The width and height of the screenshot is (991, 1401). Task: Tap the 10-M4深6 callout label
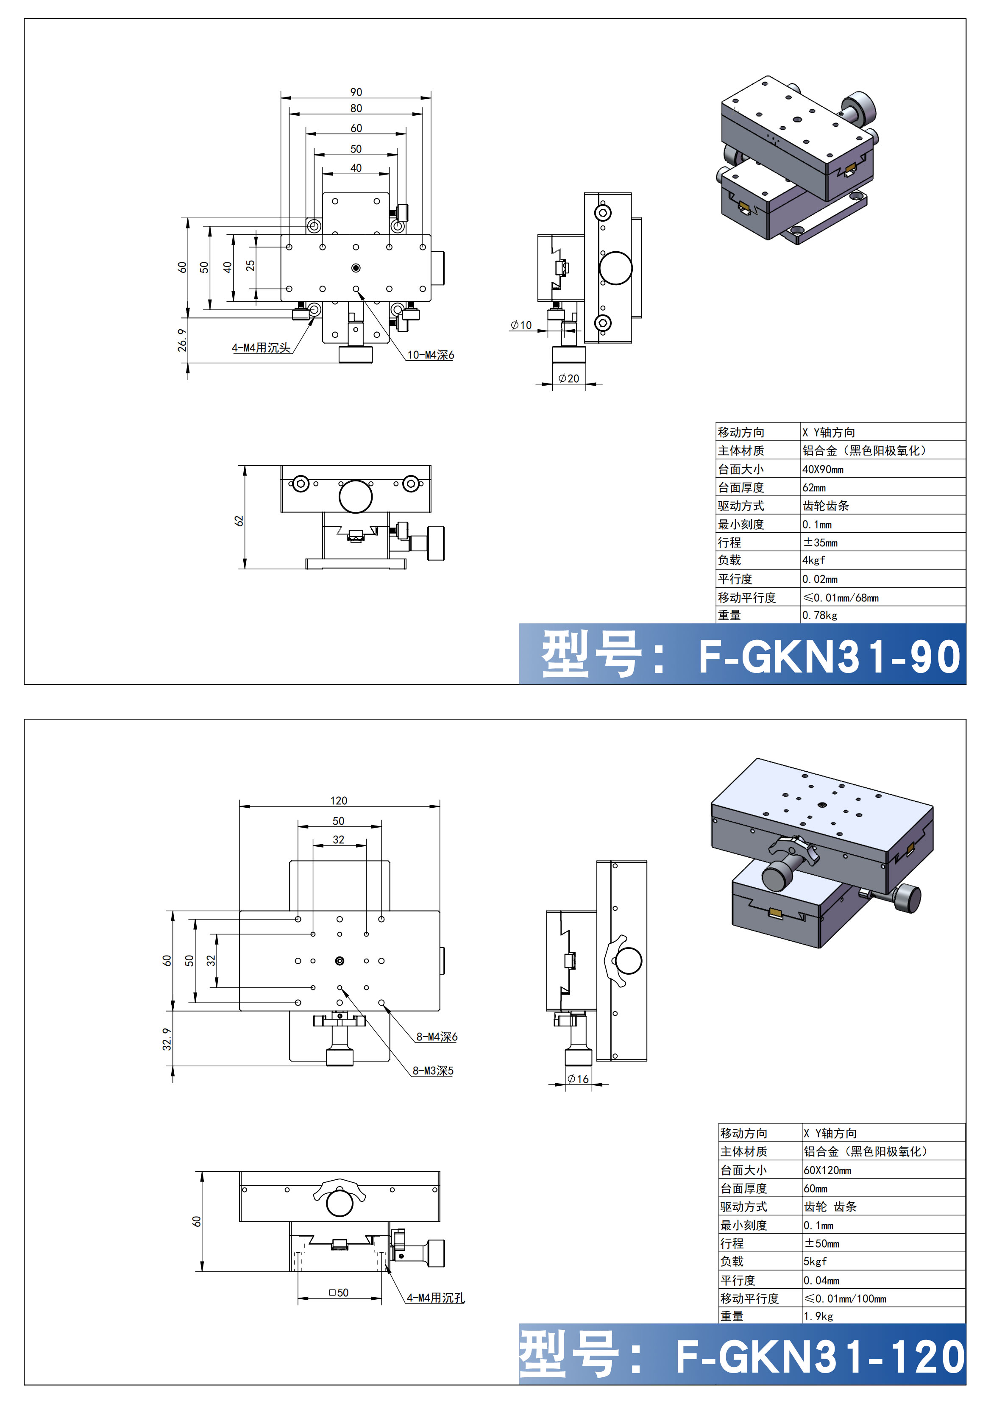tap(431, 355)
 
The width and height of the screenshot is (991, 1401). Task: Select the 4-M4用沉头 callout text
tap(261, 348)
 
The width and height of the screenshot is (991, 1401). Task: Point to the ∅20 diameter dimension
tap(569, 378)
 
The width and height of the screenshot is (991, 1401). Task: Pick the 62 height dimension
tap(239, 520)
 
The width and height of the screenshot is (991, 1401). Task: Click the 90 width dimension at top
tap(356, 92)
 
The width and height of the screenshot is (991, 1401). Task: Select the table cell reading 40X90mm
tap(823, 469)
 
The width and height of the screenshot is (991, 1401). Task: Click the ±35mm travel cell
tap(820, 542)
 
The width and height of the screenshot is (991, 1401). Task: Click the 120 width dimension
tap(339, 801)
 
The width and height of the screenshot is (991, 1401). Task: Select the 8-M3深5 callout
tap(433, 1070)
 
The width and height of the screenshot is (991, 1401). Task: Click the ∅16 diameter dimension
tap(578, 1079)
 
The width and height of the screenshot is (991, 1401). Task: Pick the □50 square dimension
tap(339, 1293)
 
